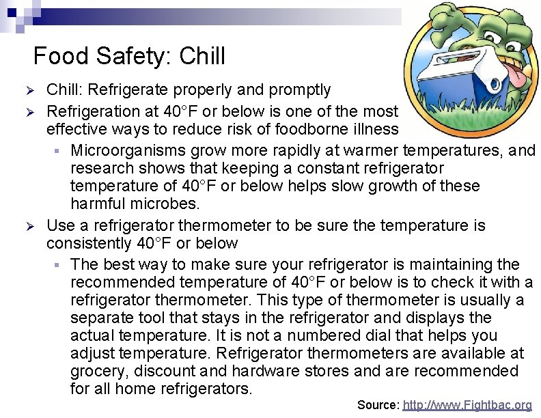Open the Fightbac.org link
(467, 405)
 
